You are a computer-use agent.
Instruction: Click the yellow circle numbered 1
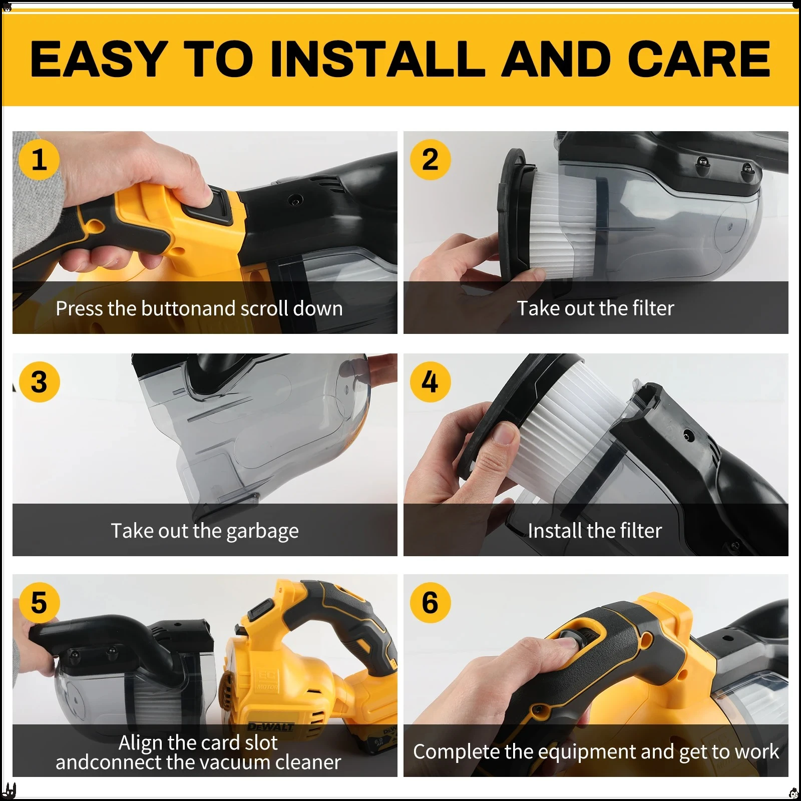point(39,160)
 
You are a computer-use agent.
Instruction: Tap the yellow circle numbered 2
point(430,160)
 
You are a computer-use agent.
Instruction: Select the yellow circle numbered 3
point(39,382)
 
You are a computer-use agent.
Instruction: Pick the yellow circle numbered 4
point(430,382)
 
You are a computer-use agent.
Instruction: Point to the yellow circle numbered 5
point(39,602)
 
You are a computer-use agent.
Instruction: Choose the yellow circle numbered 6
point(430,602)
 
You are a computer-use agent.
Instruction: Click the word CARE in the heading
point(699,59)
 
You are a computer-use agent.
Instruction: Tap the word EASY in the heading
point(99,59)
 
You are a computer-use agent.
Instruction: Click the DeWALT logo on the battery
point(271,727)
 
